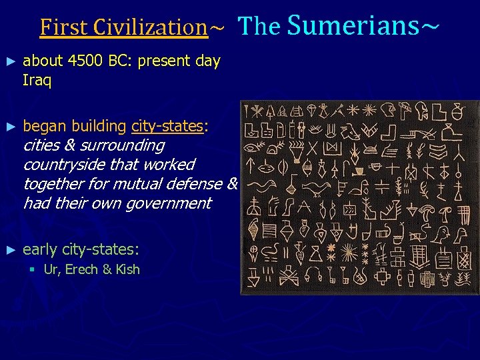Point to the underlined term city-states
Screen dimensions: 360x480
(x=167, y=125)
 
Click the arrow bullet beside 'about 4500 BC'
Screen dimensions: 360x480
(x=9, y=61)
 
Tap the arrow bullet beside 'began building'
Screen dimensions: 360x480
(x=9, y=126)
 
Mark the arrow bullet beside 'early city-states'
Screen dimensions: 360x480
(x=9, y=250)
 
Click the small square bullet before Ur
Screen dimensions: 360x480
(x=31, y=270)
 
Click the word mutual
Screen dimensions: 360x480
(x=138, y=183)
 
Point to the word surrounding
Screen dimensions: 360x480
(x=123, y=145)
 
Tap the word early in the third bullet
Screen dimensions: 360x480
(x=40, y=250)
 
